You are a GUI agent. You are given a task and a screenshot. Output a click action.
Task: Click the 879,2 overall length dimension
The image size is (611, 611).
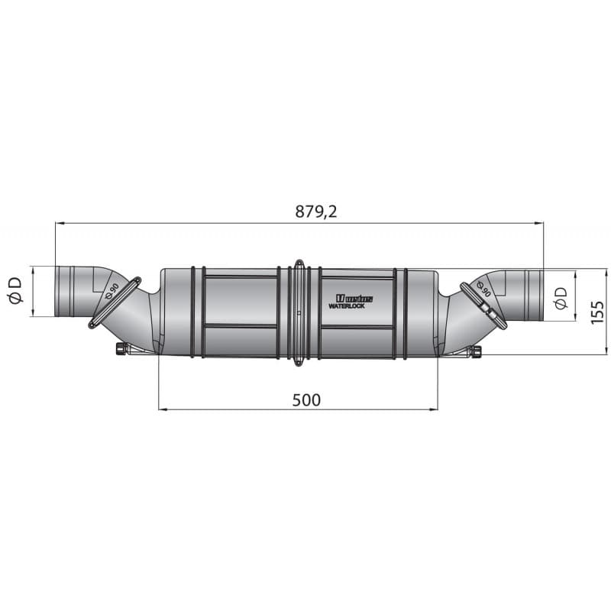click(316, 212)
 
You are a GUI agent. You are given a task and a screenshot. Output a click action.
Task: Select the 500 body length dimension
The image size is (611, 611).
click(305, 399)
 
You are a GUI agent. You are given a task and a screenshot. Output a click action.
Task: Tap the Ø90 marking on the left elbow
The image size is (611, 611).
click(112, 290)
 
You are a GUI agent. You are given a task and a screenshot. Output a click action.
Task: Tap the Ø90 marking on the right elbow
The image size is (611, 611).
click(483, 290)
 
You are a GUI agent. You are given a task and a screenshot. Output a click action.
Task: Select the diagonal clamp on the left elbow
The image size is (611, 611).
click(115, 303)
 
